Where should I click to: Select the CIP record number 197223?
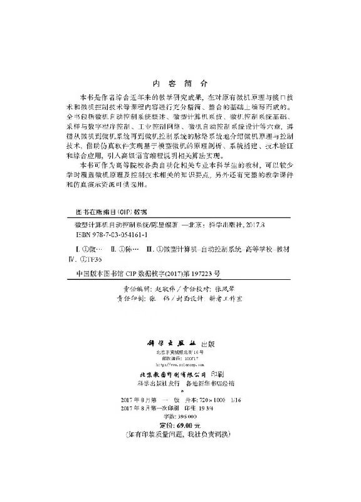click(x=195, y=274)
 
